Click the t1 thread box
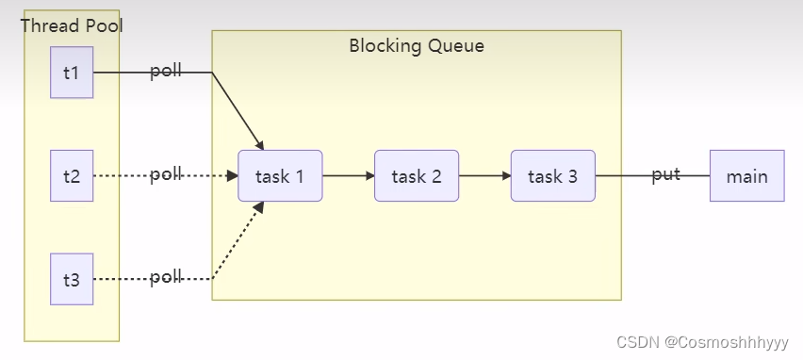72,73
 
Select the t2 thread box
72,175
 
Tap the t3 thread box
72,279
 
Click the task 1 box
280,175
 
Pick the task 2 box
417,175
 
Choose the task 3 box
553,175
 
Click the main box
747,175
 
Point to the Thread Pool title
72,25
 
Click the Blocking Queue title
417,45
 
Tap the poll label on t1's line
166,72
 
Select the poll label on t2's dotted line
166,174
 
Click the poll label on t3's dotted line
166,278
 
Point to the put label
665,175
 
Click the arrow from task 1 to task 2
349,175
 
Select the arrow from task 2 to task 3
485,175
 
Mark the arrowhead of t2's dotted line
233,175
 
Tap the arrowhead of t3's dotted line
258,207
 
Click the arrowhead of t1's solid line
259,144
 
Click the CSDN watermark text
703,342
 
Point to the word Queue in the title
456,45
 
